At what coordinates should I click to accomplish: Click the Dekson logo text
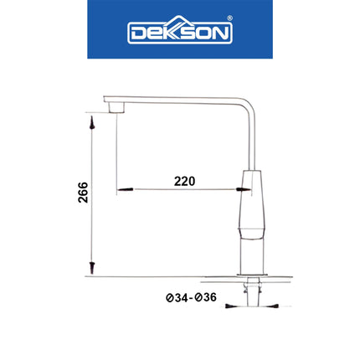point(179,32)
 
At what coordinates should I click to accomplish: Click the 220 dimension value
point(184,181)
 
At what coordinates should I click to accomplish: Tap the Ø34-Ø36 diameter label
point(192,298)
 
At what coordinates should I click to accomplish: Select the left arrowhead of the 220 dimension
point(122,190)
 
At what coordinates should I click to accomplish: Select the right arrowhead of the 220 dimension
point(243,190)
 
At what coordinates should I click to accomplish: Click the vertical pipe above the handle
point(253,138)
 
